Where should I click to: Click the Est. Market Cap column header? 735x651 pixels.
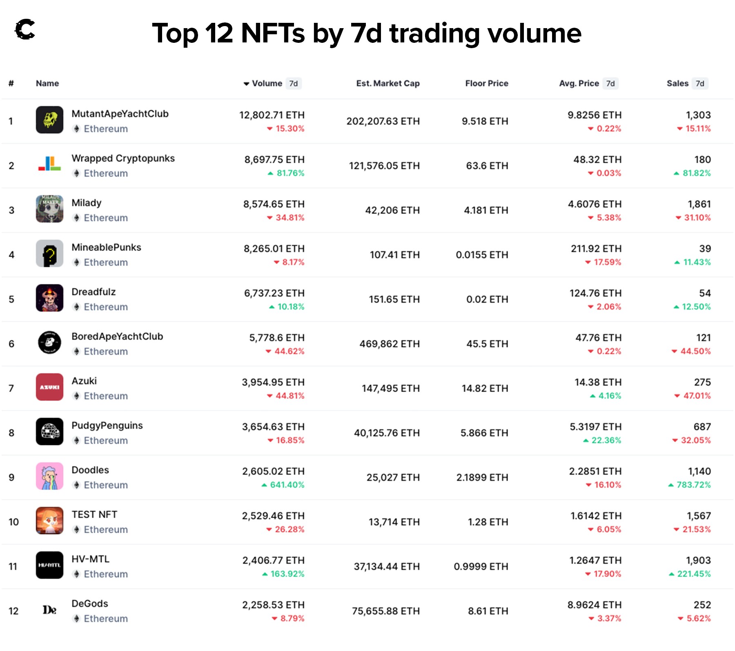pyautogui.click(x=388, y=83)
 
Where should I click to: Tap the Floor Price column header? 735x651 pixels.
pyautogui.click(x=486, y=83)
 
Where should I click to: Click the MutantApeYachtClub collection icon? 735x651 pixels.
pyautogui.click(x=49, y=120)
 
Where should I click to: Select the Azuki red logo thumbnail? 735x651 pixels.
pyautogui.click(x=49, y=387)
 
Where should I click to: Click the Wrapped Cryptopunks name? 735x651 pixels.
pyautogui.click(x=123, y=158)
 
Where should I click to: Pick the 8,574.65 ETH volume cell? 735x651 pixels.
pyautogui.click(x=274, y=204)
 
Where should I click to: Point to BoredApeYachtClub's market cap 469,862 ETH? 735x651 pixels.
pyautogui.click(x=389, y=344)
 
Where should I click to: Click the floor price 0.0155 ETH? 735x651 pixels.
pyautogui.click(x=482, y=255)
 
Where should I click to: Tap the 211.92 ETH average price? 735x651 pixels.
pyautogui.click(x=596, y=248)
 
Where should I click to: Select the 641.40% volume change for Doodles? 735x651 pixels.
pyautogui.click(x=287, y=485)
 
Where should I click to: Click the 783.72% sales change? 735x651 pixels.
pyautogui.click(x=693, y=485)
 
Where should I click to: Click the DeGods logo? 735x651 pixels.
pyautogui.click(x=49, y=610)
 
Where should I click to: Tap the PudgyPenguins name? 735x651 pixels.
pyautogui.click(x=107, y=425)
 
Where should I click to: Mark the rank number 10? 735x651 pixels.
pyautogui.click(x=13, y=522)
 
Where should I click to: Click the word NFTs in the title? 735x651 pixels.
pyautogui.click(x=273, y=33)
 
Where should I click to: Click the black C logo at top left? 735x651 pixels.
pyautogui.click(x=25, y=30)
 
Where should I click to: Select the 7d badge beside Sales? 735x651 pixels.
pyautogui.click(x=700, y=83)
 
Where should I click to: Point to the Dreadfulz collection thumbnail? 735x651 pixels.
pyautogui.click(x=49, y=298)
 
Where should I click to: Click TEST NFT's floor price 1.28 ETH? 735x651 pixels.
pyautogui.click(x=488, y=522)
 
